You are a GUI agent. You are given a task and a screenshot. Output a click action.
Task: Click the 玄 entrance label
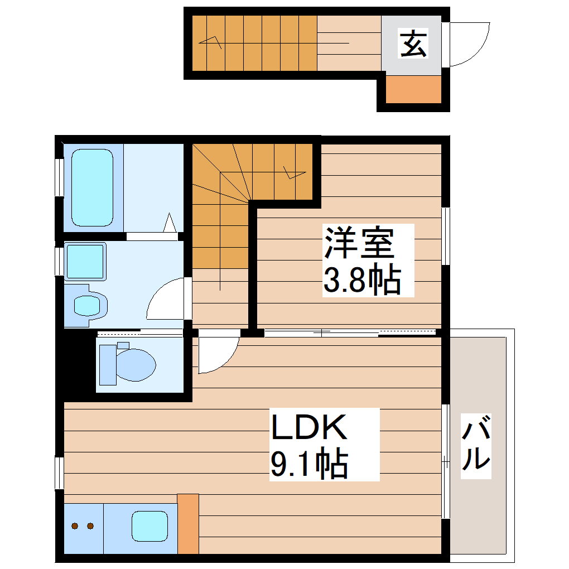click(413, 44)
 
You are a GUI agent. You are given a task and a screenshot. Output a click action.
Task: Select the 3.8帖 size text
click(362, 280)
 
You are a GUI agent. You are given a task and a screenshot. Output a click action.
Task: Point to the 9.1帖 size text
click(309, 464)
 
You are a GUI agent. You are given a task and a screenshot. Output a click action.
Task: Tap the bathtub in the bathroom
click(93, 187)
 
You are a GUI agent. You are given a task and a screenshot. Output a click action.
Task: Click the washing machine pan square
click(85, 261)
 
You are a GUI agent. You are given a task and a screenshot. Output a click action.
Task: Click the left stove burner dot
click(75, 525)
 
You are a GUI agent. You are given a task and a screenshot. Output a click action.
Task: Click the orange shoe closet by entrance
click(413, 89)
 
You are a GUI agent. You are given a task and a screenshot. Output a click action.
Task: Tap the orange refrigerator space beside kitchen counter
click(188, 523)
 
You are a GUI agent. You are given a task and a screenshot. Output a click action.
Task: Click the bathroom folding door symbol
click(171, 224)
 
